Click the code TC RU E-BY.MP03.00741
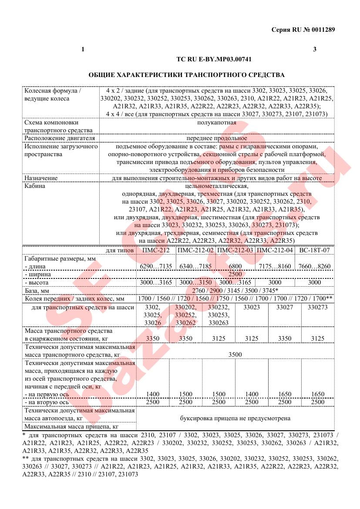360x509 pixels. click(214, 59)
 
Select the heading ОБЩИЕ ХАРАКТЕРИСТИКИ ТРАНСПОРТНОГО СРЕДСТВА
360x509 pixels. click(186, 75)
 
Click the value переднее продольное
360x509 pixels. click(216, 138)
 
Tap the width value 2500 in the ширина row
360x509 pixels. click(235, 275)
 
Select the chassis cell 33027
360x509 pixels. click(285, 307)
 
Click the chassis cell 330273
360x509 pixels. click(318, 307)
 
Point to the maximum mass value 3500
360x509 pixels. click(235, 355)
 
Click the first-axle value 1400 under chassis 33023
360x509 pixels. click(252, 394)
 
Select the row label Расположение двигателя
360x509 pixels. click(60, 138)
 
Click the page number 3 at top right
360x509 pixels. click(315, 49)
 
